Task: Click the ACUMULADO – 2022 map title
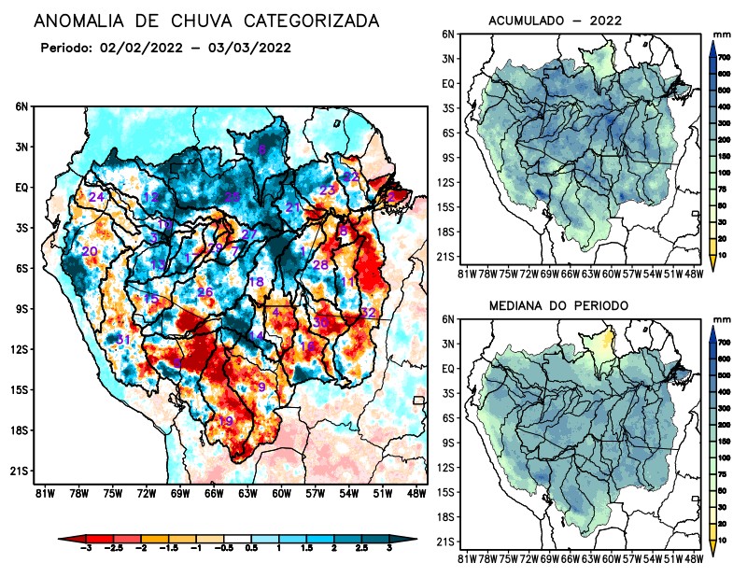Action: [x=555, y=21]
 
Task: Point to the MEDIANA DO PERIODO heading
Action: [x=558, y=305]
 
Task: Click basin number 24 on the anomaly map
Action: [x=96, y=197]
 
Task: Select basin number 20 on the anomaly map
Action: [x=90, y=251]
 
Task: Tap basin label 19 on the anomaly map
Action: [x=225, y=421]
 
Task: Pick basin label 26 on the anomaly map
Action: [x=205, y=292]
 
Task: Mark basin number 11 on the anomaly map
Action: [x=348, y=282]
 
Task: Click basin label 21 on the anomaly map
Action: [x=293, y=207]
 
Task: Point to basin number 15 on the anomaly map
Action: [x=151, y=298]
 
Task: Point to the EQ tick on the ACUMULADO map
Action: [x=448, y=83]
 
